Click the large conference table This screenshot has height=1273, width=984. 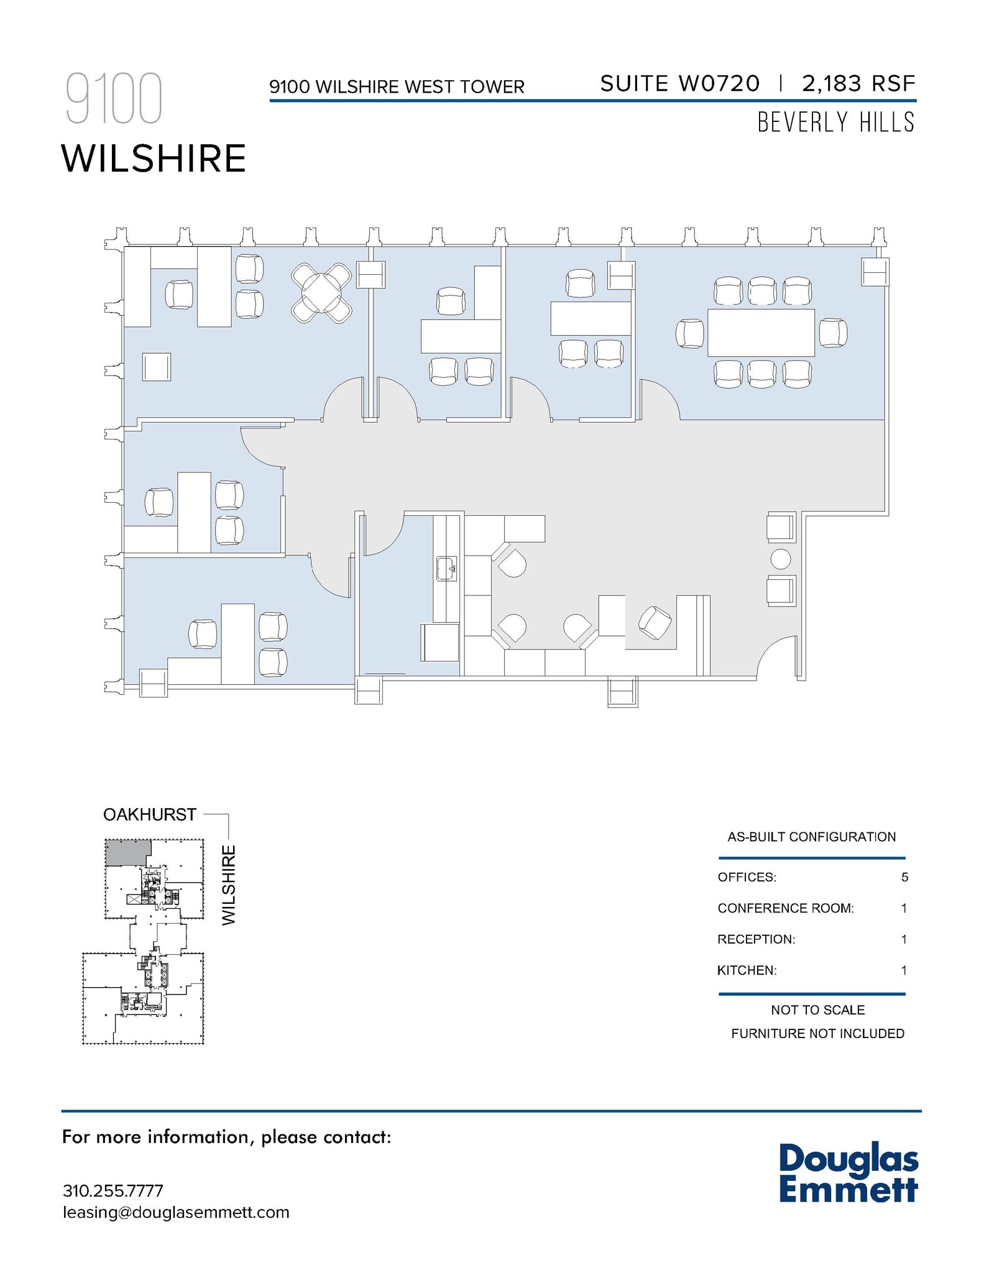tap(761, 333)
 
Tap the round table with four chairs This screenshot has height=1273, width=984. tap(321, 293)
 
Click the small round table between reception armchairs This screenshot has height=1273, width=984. tap(780, 559)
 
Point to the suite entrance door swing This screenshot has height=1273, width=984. tap(777, 658)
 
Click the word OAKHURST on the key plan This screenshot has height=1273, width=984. tap(150, 814)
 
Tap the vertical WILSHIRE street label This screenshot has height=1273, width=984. tap(229, 885)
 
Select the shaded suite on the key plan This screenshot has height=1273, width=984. tap(127, 852)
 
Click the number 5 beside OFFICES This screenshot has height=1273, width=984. tap(904, 877)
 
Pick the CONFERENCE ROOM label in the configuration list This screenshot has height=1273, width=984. tap(785, 908)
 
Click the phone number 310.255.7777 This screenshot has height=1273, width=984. tap(113, 1191)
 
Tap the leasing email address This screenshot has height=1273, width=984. tap(176, 1212)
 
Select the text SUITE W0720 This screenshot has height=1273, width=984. tap(679, 83)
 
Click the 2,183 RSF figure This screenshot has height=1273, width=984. tap(858, 83)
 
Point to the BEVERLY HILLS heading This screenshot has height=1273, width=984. tap(835, 122)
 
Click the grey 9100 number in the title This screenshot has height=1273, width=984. tap(114, 98)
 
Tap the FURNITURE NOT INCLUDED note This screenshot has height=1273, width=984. tap(817, 1033)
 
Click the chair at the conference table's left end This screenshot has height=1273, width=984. tap(690, 333)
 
